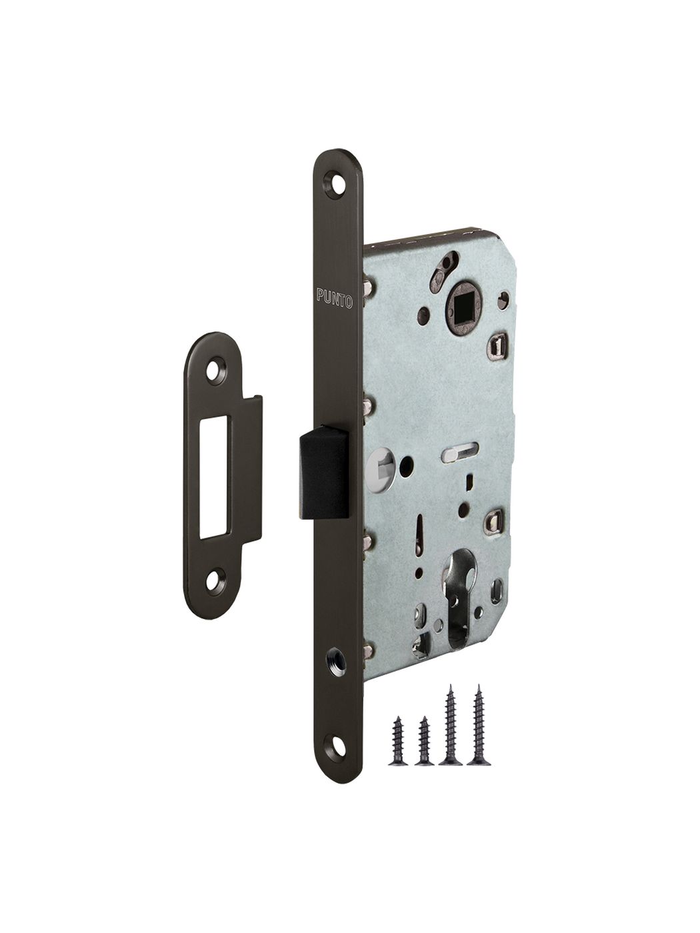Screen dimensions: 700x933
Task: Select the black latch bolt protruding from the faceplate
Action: click(x=324, y=482)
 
